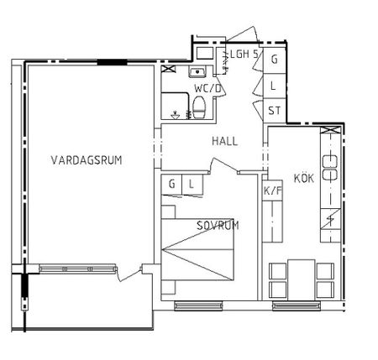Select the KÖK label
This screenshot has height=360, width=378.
tap(303, 178)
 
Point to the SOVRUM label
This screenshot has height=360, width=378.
tap(218, 226)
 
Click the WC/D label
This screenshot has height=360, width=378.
tap(207, 88)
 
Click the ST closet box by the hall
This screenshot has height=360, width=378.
tap(275, 110)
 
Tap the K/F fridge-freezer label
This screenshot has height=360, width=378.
tap(272, 190)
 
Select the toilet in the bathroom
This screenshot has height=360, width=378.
tap(200, 107)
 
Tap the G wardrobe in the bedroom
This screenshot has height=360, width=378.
tap(172, 184)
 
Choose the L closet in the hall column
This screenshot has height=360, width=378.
tap(275, 85)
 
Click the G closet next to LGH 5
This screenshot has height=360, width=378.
tap(275, 60)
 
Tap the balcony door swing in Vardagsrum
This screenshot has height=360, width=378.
tap(130, 274)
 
